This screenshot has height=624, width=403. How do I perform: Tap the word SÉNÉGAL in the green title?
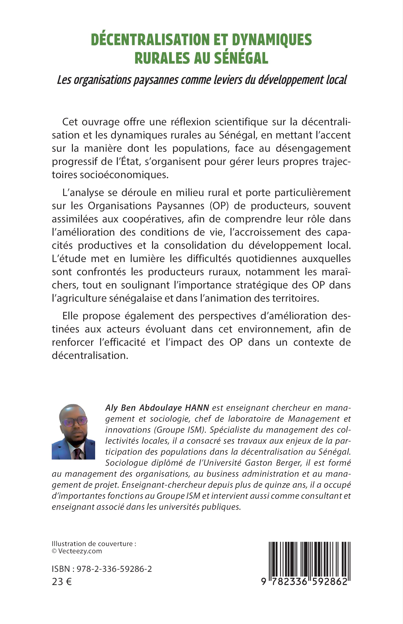click(x=241, y=58)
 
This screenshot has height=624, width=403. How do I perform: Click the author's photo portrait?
click(x=73, y=432)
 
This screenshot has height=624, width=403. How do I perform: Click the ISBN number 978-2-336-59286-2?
click(x=115, y=569)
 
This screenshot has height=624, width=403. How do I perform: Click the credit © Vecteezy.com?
click(x=77, y=551)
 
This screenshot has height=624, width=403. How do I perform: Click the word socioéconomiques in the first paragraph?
click(x=124, y=175)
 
